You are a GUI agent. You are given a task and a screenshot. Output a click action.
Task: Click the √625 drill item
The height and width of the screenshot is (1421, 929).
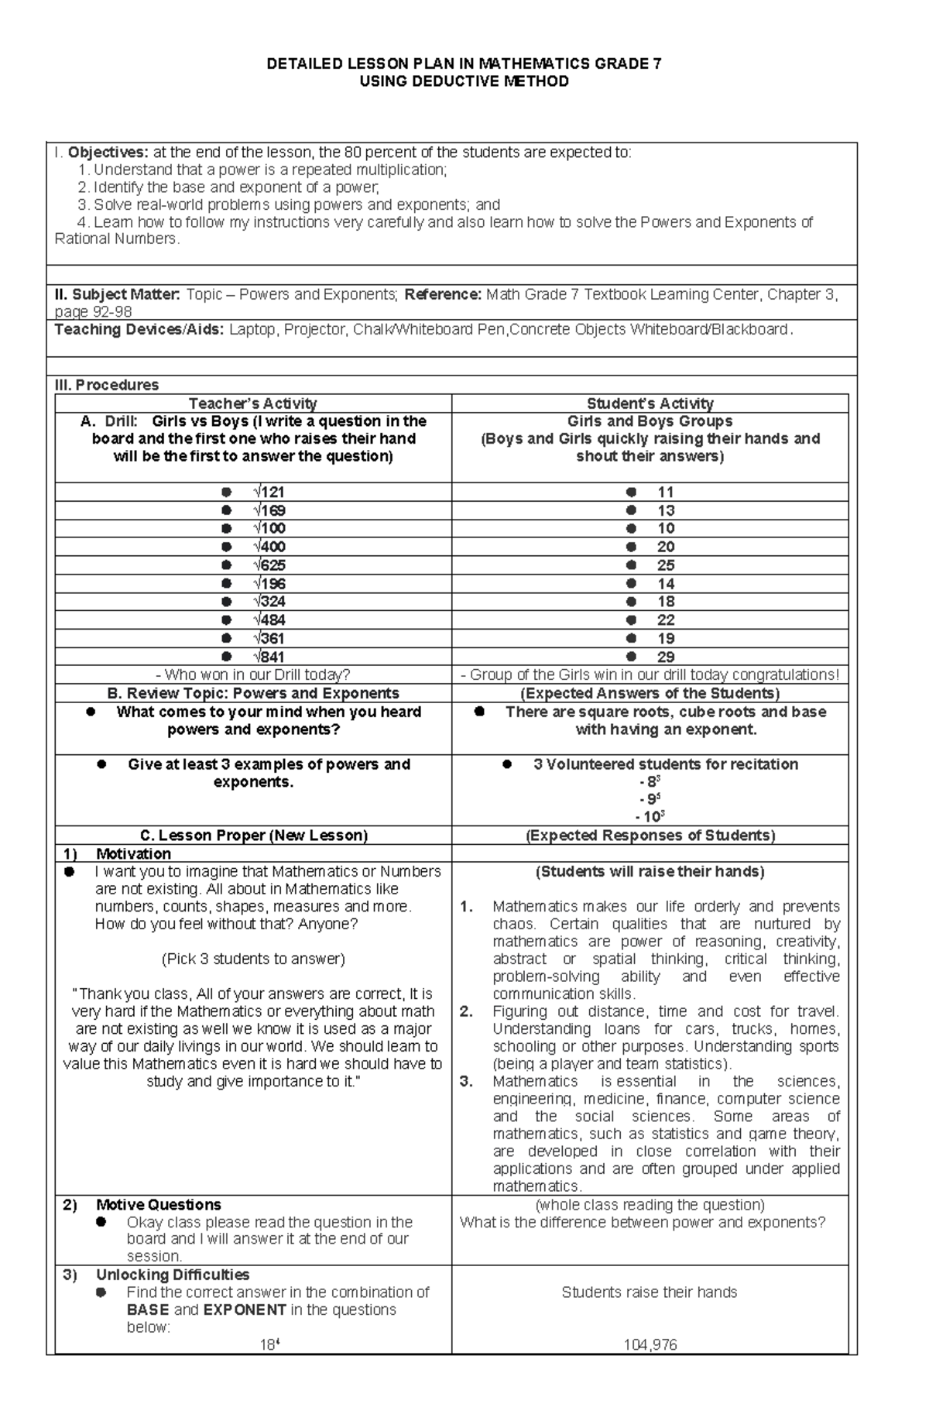tap(269, 565)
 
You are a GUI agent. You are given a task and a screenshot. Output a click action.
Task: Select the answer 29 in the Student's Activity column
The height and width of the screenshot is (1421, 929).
tap(665, 657)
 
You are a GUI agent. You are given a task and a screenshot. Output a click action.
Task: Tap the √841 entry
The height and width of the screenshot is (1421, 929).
tap(269, 657)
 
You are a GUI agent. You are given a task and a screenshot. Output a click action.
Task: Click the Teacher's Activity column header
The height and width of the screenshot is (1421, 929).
tap(252, 403)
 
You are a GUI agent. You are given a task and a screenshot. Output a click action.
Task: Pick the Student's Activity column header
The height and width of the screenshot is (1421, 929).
tap(650, 403)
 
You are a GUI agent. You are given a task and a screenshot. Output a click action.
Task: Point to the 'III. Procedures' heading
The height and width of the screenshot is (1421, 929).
tap(106, 385)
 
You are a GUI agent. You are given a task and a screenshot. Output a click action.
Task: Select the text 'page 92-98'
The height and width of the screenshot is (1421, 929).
tap(93, 312)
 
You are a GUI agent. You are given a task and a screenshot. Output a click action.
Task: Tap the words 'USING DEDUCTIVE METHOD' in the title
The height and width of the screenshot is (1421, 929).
tap(464, 81)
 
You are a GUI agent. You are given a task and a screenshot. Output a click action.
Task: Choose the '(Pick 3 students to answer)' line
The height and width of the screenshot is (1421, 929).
tap(252, 959)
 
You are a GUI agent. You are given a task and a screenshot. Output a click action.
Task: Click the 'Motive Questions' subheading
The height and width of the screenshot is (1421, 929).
tap(158, 1205)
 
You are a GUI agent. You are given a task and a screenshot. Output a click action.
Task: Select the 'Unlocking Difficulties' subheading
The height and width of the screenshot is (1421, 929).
tap(172, 1275)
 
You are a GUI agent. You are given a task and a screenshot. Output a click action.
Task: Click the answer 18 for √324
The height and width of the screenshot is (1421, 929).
tap(665, 602)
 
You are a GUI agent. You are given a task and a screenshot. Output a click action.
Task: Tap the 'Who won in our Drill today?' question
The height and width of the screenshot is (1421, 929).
tap(252, 674)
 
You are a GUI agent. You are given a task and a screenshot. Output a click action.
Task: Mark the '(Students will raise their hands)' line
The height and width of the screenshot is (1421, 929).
tap(650, 871)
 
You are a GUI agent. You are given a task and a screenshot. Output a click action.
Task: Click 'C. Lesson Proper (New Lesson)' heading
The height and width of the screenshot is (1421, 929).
tap(252, 836)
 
